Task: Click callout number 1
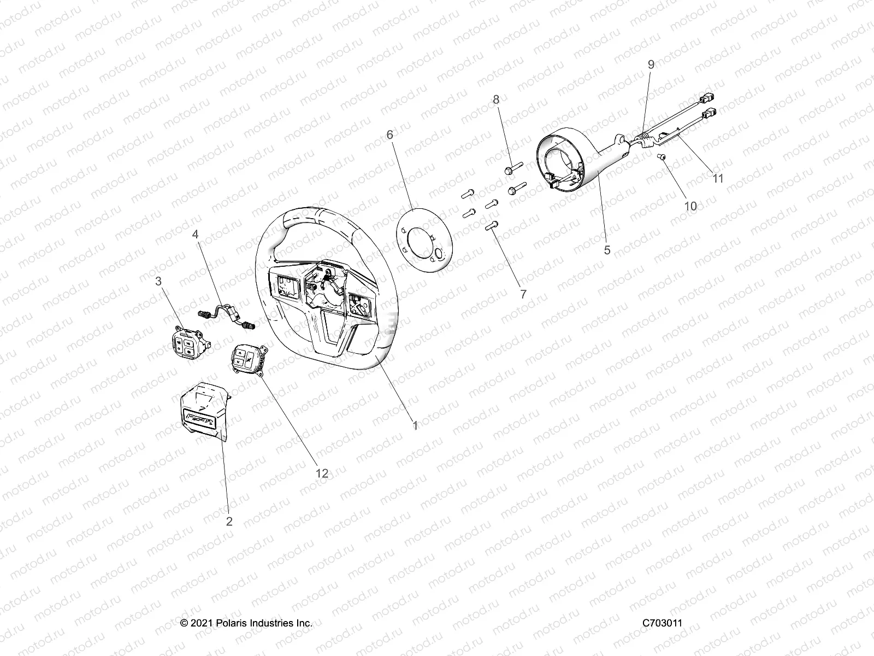(x=415, y=425)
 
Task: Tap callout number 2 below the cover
(x=229, y=521)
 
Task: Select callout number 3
(x=158, y=282)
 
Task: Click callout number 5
(x=607, y=250)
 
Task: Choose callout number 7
(x=523, y=294)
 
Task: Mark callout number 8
(x=496, y=99)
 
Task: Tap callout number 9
(x=651, y=64)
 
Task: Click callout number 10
(x=690, y=206)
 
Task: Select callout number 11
(x=718, y=178)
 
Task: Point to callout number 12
(x=322, y=473)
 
